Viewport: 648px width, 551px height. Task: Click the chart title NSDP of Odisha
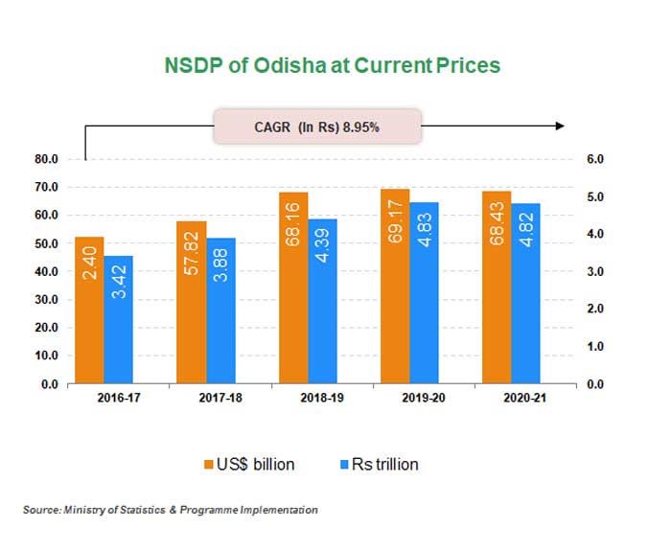pyautogui.click(x=323, y=65)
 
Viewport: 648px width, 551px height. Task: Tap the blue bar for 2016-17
pyautogui.click(x=118, y=319)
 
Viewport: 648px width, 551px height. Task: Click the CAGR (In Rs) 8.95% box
pyautogui.click(x=317, y=126)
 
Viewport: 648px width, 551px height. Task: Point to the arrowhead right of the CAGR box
pyautogui.click(x=560, y=126)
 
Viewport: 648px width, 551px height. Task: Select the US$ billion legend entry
pyautogui.click(x=247, y=464)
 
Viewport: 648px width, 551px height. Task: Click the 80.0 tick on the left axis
pyautogui.click(x=47, y=159)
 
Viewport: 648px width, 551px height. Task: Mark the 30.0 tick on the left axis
pyautogui.click(x=47, y=300)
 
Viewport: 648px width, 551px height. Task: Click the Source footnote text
pyautogui.click(x=171, y=511)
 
